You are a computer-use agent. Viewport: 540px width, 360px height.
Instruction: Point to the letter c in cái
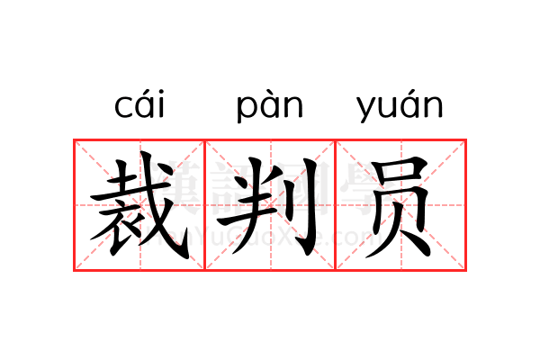click(123, 107)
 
